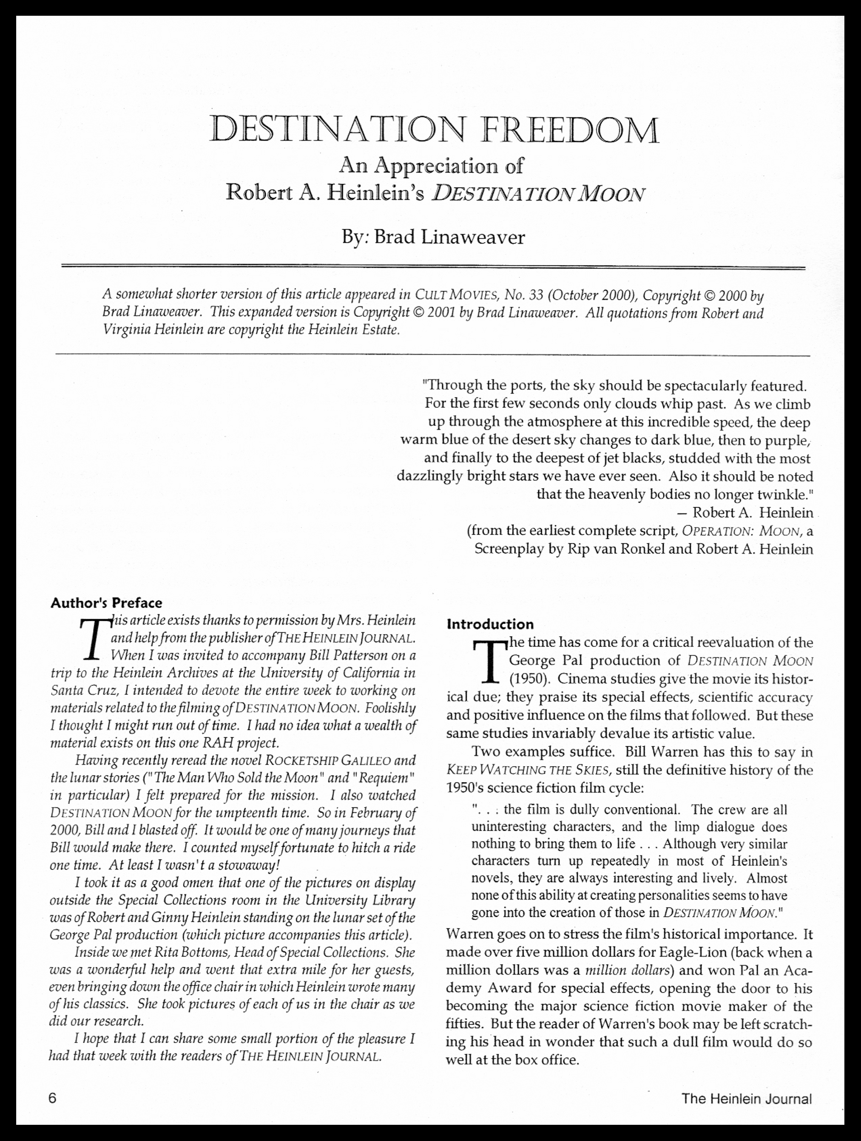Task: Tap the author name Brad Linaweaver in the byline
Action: coord(449,237)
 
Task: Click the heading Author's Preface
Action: coord(106,603)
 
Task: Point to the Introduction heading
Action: coord(490,624)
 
